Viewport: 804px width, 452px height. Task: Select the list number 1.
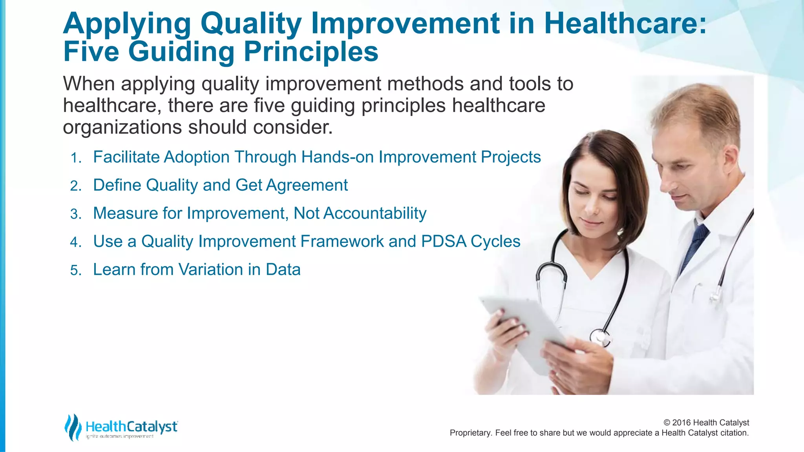pos(75,158)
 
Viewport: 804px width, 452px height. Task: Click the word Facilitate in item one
pos(126,157)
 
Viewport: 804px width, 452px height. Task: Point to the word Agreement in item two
pos(307,185)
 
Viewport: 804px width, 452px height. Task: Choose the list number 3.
pos(75,214)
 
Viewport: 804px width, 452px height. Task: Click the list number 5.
pos(75,271)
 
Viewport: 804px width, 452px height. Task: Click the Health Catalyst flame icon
pos(73,427)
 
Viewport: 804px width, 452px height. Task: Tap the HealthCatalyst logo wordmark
pos(132,426)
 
